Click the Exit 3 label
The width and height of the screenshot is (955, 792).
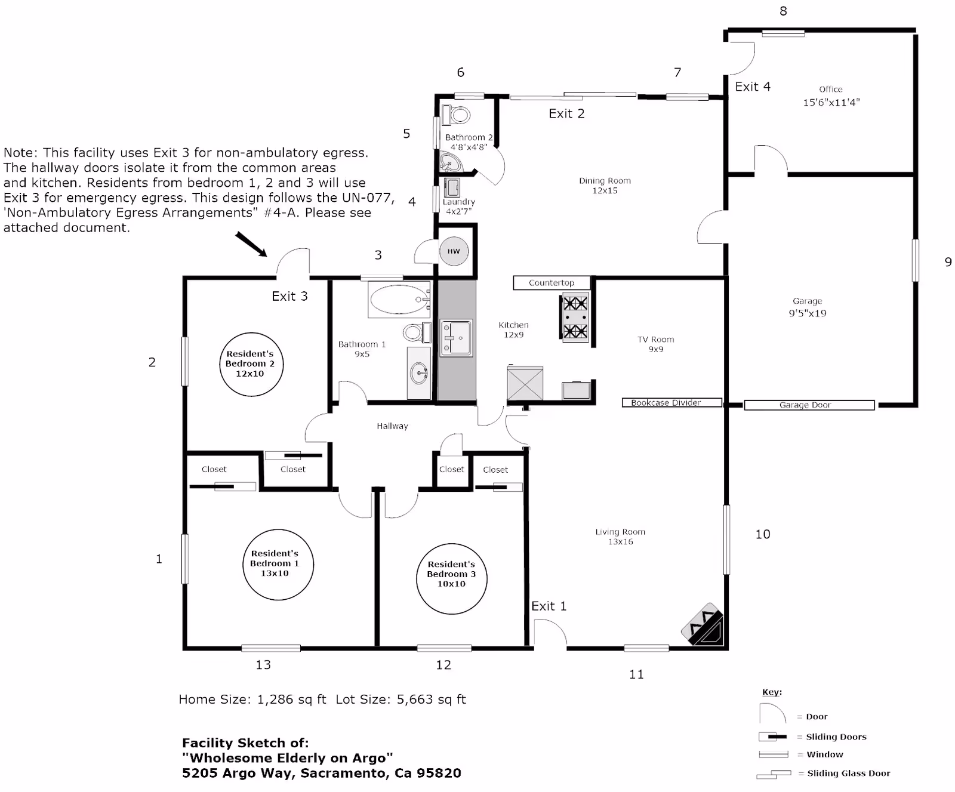point(289,296)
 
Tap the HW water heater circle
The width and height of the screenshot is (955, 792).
point(454,251)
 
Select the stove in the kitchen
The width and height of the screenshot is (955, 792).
point(575,318)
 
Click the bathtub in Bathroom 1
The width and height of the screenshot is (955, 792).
point(399,300)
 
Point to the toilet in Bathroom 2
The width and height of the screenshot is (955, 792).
point(457,115)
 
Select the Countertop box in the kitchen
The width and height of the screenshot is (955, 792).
point(552,283)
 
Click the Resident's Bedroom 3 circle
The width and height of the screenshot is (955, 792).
point(451,579)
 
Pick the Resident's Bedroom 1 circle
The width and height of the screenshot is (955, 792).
point(278,565)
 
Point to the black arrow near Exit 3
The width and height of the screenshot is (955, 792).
point(251,245)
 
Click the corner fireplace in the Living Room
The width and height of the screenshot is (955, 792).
point(704,626)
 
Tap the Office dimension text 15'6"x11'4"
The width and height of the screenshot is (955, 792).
point(831,103)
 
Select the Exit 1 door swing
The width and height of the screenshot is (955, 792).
point(550,633)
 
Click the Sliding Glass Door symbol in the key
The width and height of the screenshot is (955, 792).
point(774,774)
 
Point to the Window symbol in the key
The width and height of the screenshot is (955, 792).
point(774,754)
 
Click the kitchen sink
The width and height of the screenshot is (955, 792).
point(456,338)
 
